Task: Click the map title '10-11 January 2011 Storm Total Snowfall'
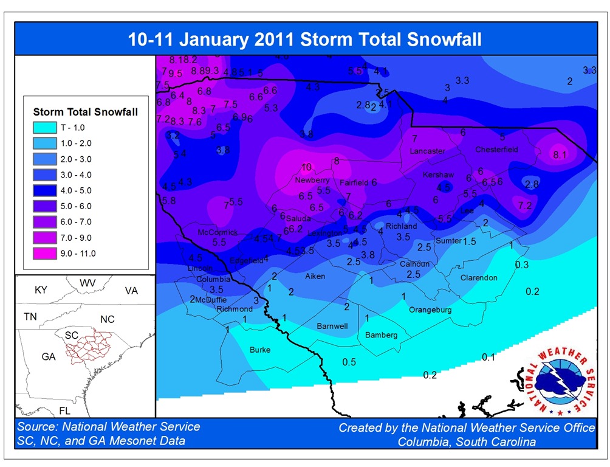click(304, 40)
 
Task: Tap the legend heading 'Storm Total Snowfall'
click(86, 112)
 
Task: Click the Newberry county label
click(312, 181)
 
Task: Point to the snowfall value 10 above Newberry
click(306, 167)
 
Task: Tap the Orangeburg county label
click(430, 310)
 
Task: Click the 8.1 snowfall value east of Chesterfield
click(560, 155)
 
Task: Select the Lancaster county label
click(427, 151)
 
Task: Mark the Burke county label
click(260, 350)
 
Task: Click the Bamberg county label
click(381, 335)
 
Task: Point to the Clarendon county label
click(479, 278)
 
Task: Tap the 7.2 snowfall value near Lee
click(525, 206)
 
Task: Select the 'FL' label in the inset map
click(64, 410)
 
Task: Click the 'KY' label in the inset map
click(41, 290)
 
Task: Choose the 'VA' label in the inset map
click(131, 291)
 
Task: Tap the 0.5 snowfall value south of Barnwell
click(349, 362)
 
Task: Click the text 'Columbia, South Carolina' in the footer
click(467, 442)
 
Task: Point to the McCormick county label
click(218, 233)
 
